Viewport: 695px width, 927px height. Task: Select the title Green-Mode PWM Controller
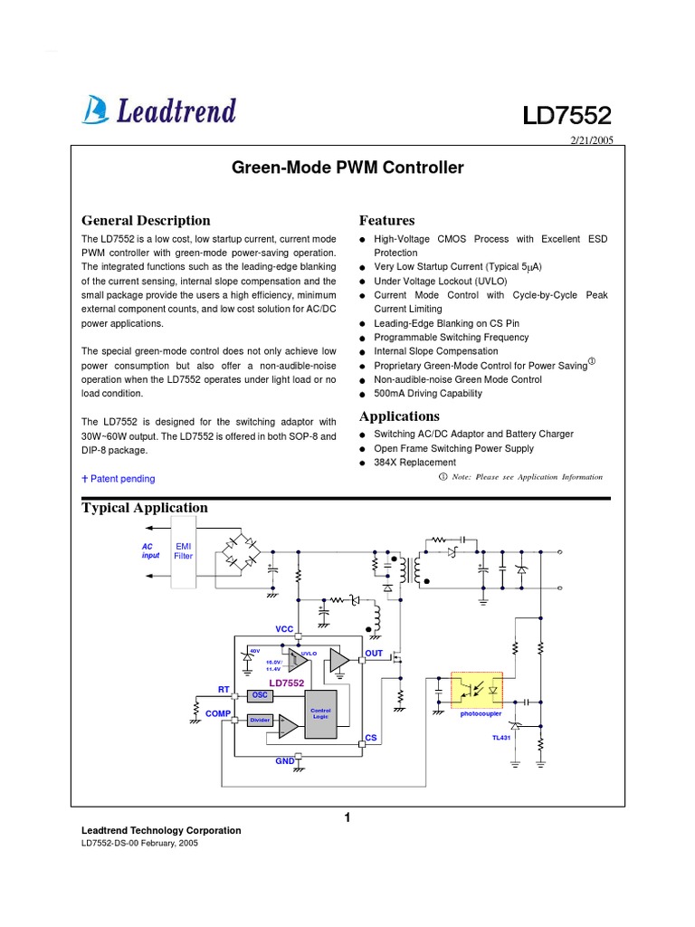(x=347, y=167)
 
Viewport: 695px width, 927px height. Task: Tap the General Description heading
(x=146, y=220)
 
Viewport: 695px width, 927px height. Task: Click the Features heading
(x=387, y=220)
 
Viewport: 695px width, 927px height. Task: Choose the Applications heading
(x=399, y=416)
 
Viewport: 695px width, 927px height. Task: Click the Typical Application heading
(x=145, y=508)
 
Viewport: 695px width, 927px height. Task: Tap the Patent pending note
(x=119, y=479)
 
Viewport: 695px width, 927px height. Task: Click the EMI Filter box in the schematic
(x=184, y=551)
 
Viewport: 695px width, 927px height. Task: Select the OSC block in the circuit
(x=261, y=695)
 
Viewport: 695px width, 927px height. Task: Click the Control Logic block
(x=321, y=713)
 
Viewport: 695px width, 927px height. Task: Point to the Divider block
(x=261, y=721)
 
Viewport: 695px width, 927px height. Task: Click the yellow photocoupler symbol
(x=477, y=690)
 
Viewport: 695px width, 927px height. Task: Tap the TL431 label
(x=500, y=738)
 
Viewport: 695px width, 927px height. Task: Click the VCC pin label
(x=285, y=628)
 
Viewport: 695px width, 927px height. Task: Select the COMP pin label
(x=218, y=713)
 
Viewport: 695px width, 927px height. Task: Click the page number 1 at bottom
(x=347, y=818)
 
